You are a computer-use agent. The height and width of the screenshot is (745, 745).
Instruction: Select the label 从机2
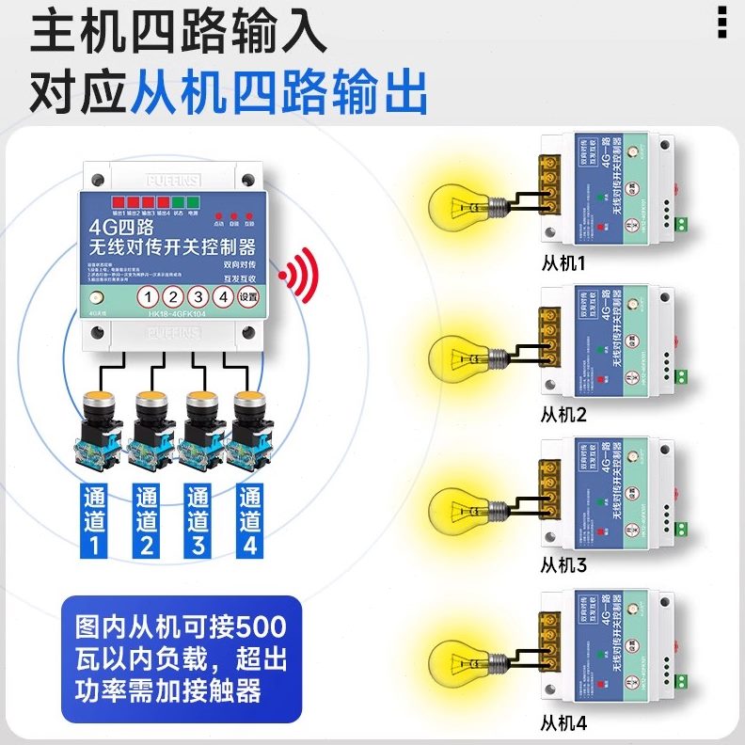click(563, 415)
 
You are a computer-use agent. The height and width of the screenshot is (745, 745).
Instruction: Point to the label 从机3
click(563, 565)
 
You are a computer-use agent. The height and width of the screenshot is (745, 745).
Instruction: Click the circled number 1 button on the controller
click(149, 296)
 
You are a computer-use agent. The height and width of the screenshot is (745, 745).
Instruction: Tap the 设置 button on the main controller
click(247, 296)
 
